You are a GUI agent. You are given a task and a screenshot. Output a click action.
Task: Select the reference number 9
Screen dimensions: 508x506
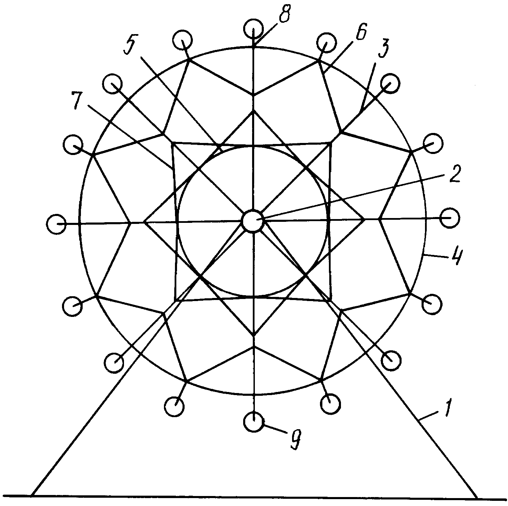(x=294, y=440)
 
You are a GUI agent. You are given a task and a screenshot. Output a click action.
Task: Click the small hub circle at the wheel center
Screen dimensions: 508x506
(x=253, y=221)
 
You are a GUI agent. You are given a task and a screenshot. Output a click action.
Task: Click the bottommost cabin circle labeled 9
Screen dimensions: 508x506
(x=253, y=421)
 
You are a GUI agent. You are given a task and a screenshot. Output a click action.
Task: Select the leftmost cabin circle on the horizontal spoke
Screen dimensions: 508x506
(x=57, y=224)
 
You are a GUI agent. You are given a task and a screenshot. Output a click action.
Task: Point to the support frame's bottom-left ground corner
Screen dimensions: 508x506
(x=32, y=496)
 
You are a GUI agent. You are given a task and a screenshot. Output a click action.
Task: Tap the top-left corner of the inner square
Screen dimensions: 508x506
(x=172, y=142)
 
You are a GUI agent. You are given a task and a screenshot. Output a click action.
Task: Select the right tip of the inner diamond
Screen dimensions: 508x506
(x=364, y=218)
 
